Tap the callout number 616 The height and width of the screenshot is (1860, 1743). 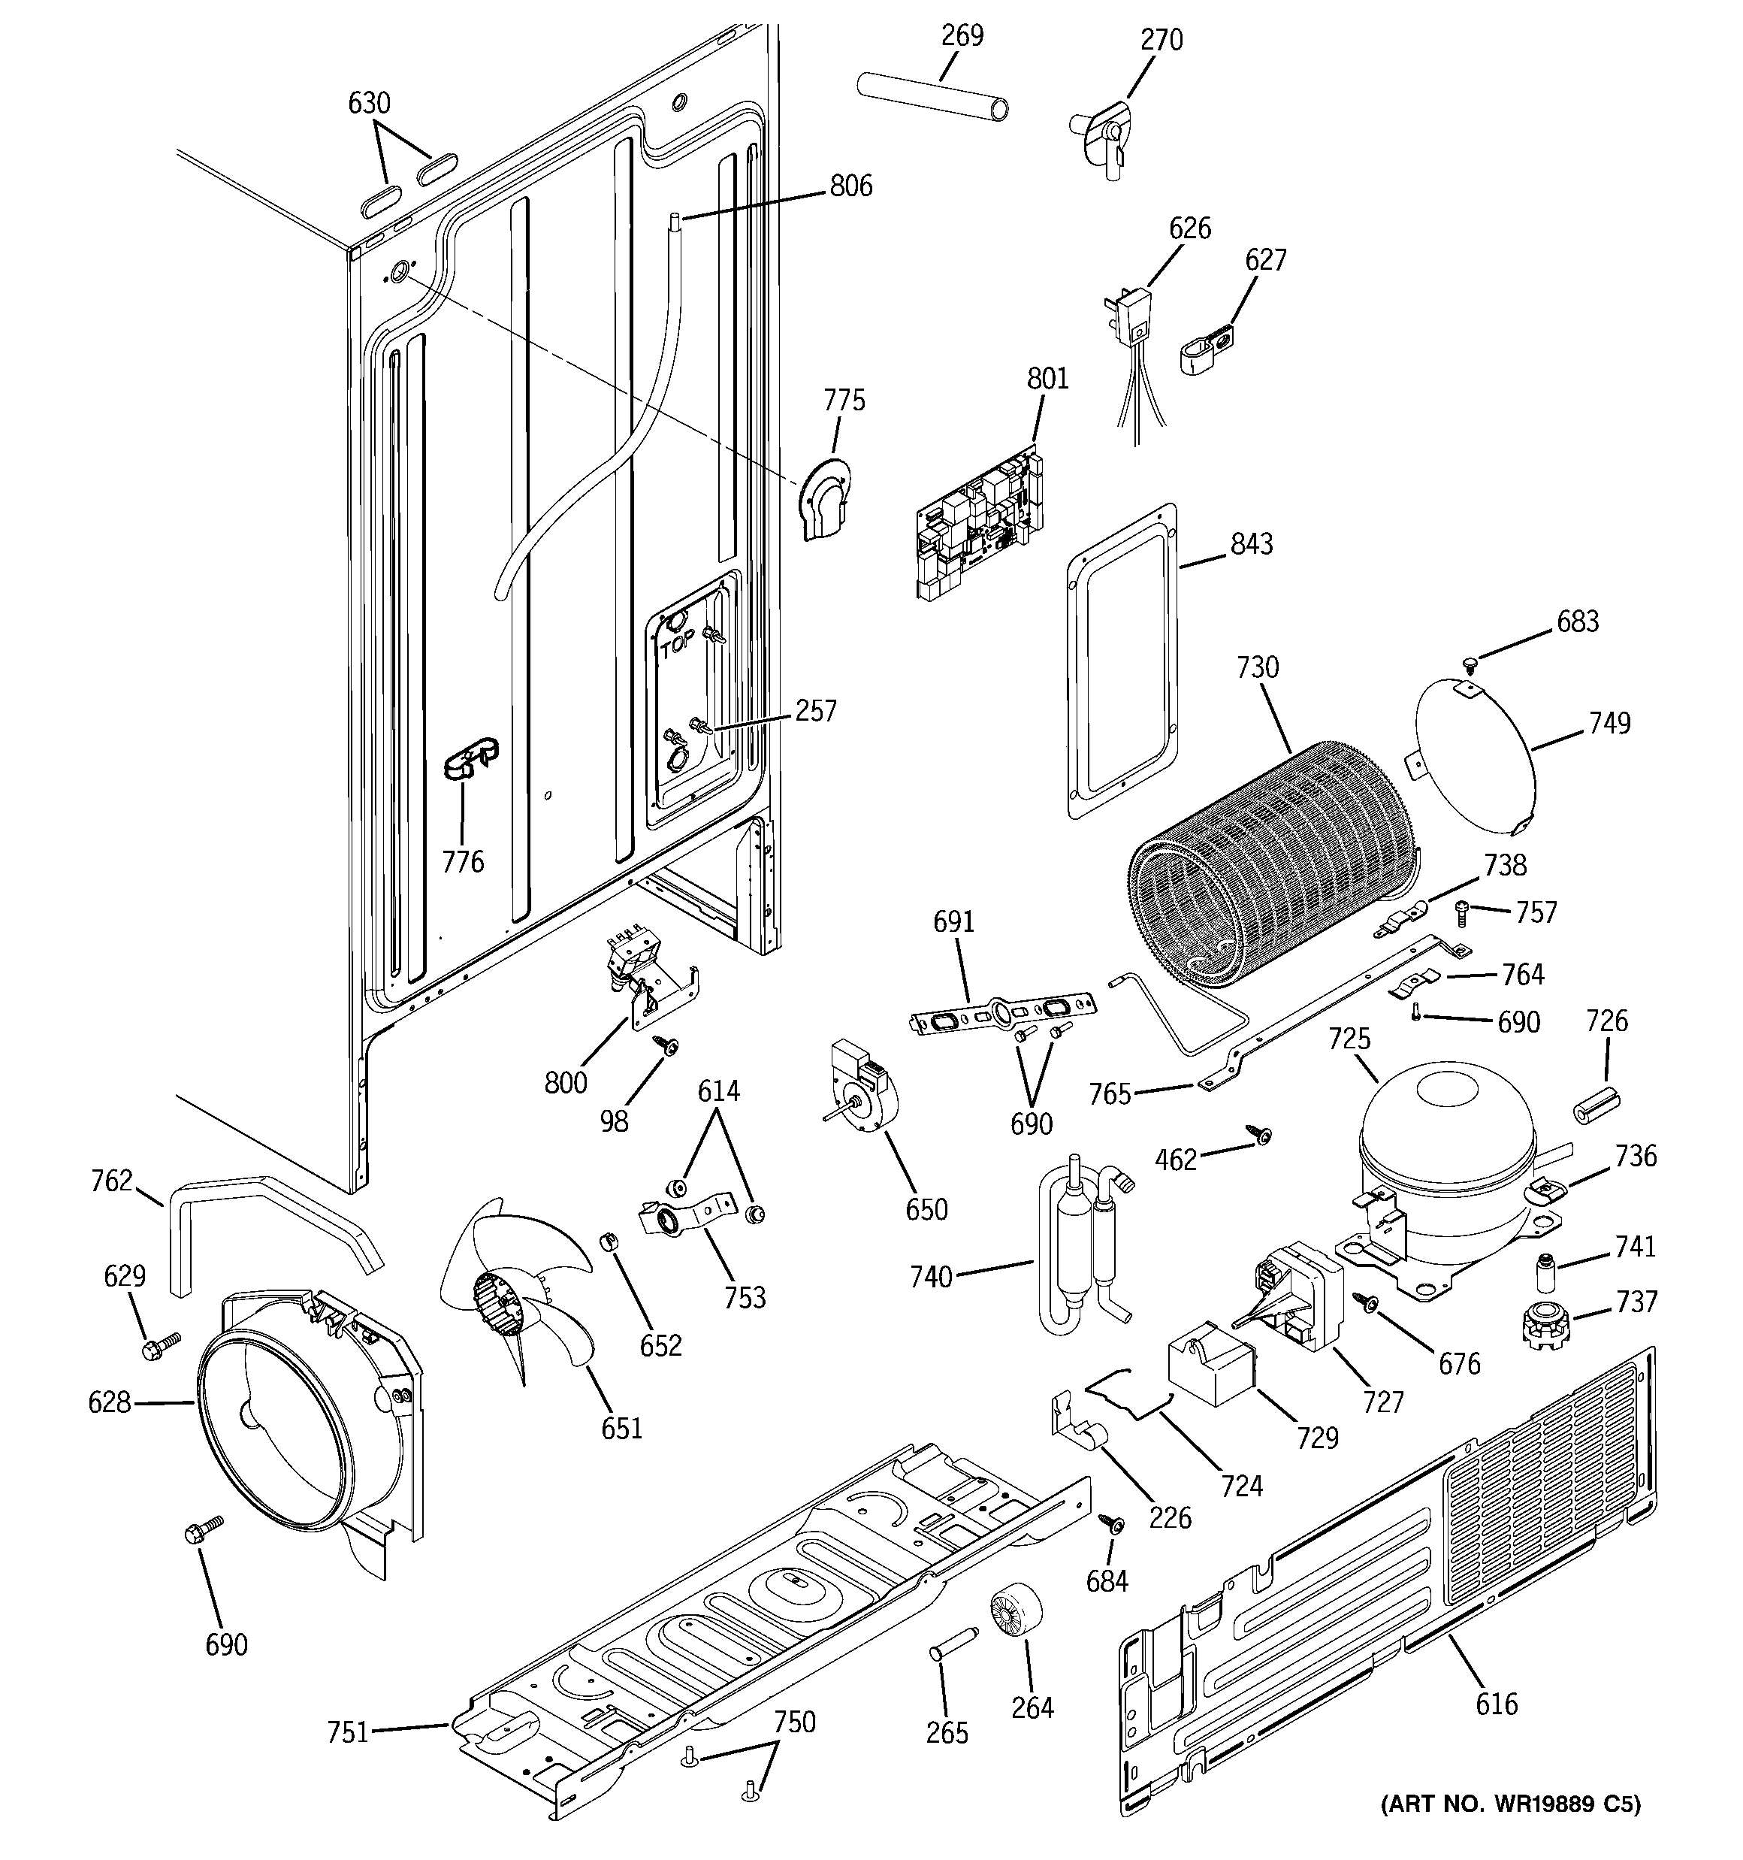[1496, 1704]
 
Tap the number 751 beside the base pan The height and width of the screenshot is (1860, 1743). [347, 1733]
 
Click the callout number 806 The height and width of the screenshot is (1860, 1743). [850, 186]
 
